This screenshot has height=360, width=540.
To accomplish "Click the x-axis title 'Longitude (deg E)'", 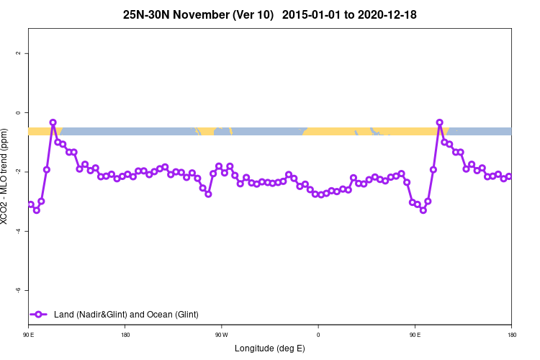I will [270, 348].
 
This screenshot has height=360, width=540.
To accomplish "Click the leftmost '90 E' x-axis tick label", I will [28, 335].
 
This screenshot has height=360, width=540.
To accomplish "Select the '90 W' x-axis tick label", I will [221, 335].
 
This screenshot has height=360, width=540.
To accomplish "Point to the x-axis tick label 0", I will [318, 335].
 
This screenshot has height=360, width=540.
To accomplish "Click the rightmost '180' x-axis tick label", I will [511, 335].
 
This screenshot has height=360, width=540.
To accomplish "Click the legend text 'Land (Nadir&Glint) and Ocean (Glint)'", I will [126, 315].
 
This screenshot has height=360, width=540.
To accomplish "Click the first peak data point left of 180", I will [53, 123].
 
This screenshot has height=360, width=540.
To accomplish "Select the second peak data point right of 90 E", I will [440, 123].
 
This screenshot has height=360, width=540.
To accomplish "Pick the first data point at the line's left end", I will [31, 204].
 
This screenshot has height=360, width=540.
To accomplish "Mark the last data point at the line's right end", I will [509, 176].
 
